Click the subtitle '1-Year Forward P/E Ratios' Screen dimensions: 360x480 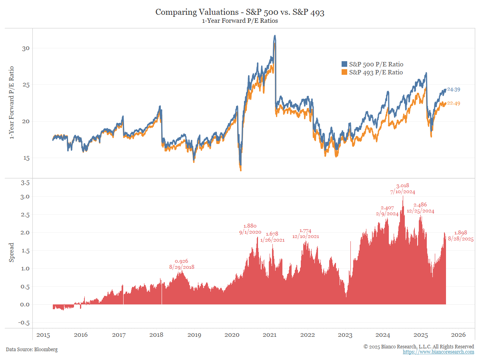click(240, 21)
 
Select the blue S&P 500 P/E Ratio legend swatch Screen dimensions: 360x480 click(344, 64)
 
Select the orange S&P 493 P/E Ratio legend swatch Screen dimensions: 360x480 click(344, 72)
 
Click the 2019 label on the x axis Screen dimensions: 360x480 click(194, 335)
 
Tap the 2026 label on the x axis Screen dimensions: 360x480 click(458, 335)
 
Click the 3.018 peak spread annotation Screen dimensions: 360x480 click(403, 186)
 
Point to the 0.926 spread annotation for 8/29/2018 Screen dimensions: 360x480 click(182, 261)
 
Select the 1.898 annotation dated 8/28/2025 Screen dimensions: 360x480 click(461, 233)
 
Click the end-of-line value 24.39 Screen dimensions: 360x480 click(454, 90)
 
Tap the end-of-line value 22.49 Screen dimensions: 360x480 click(454, 103)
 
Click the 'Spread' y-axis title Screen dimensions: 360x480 click(12, 252)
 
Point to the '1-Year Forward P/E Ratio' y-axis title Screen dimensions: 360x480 click(12, 103)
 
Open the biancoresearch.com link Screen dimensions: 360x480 click(438, 352)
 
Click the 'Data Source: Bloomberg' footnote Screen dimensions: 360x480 click(32, 350)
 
